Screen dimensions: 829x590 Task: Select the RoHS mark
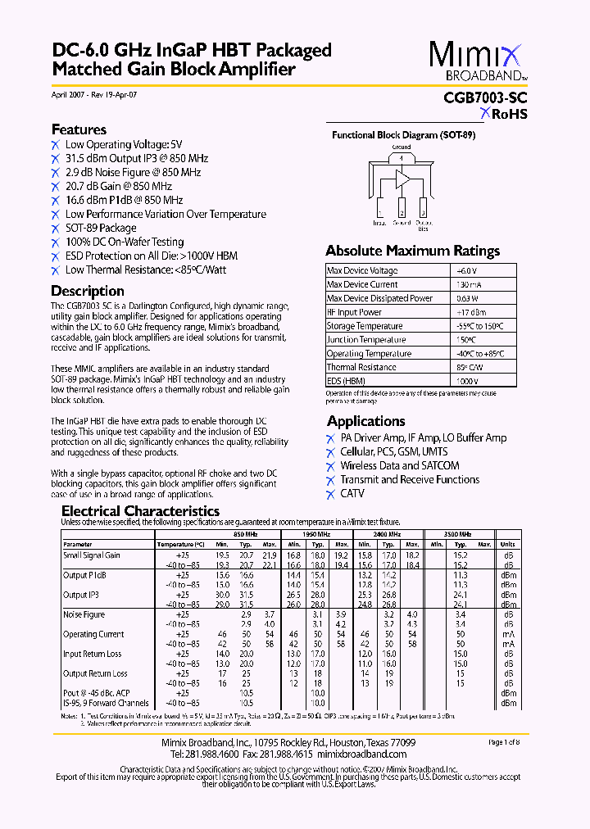504,114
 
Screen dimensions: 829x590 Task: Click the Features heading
79,129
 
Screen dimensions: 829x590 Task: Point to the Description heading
88,291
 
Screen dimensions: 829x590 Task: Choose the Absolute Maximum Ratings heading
412,251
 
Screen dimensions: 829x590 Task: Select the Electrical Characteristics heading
141,511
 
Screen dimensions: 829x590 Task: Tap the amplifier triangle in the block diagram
402,178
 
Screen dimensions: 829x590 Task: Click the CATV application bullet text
352,494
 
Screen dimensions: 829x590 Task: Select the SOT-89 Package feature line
101,229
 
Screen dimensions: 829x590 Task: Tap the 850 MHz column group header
245,534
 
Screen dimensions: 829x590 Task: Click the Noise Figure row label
84,614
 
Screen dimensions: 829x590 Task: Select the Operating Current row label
93,634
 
